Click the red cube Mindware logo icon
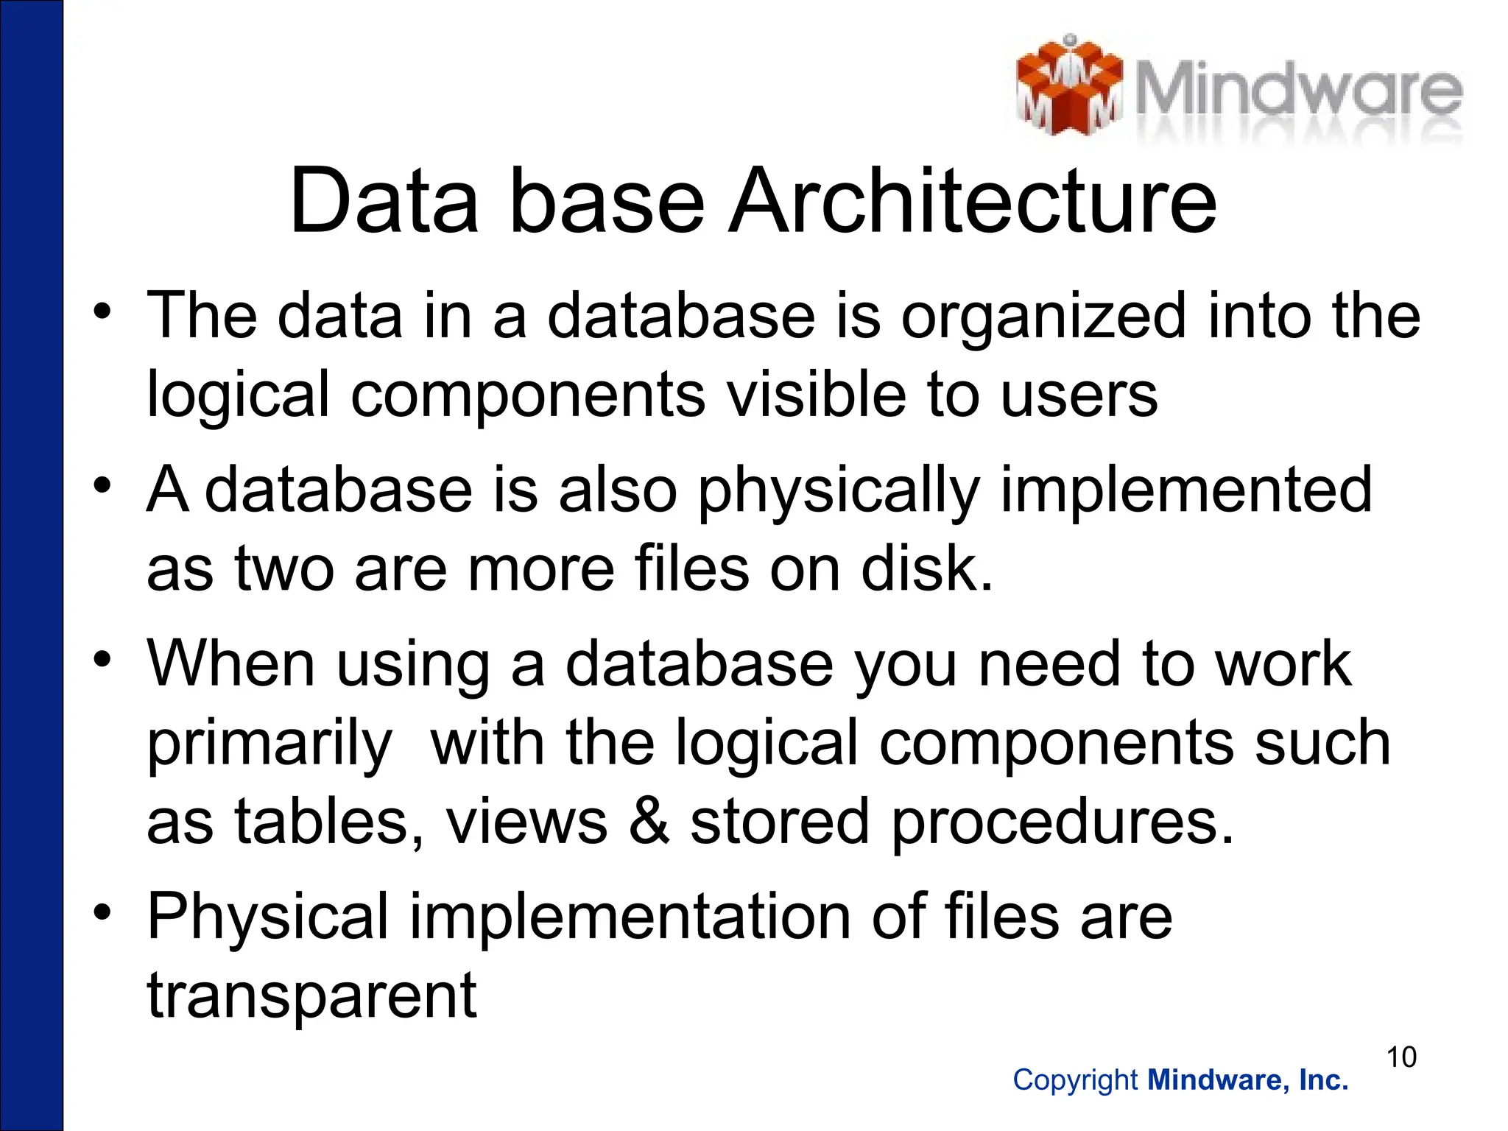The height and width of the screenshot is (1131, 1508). tap(1069, 87)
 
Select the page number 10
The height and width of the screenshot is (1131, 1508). tap(1401, 1057)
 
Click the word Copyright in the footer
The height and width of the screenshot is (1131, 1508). tap(1075, 1080)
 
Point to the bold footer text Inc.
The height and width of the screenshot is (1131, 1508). tap(1324, 1080)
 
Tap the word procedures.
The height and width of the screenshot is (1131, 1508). tap(1062, 823)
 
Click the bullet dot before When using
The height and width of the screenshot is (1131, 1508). tap(102, 657)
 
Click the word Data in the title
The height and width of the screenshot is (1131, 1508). tap(384, 200)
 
